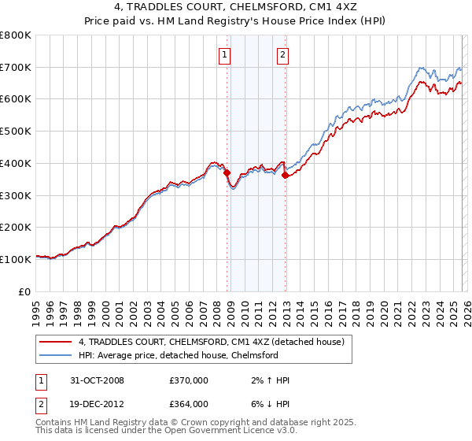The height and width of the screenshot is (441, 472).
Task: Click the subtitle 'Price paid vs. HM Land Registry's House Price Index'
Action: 236,22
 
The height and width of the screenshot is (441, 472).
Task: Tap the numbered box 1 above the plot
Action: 225,54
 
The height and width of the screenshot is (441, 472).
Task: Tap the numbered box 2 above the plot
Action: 282,54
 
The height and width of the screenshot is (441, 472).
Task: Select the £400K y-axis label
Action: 16,163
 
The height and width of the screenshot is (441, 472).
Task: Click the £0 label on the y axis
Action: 25,291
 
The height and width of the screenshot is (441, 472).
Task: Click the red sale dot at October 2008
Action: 227,172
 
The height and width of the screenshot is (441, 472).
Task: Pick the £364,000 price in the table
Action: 188,404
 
